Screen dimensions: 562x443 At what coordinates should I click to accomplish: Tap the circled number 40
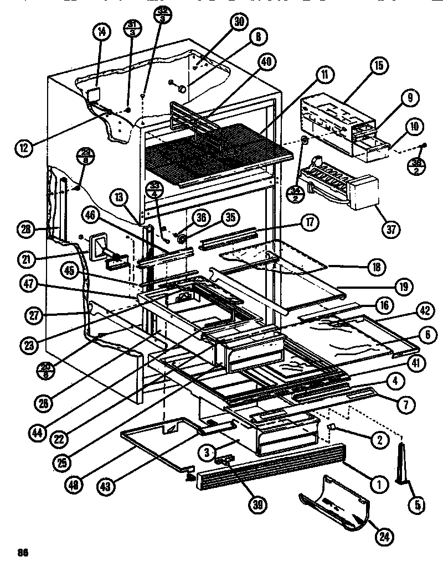[x=266, y=63]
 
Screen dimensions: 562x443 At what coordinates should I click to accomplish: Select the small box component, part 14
[x=94, y=95]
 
